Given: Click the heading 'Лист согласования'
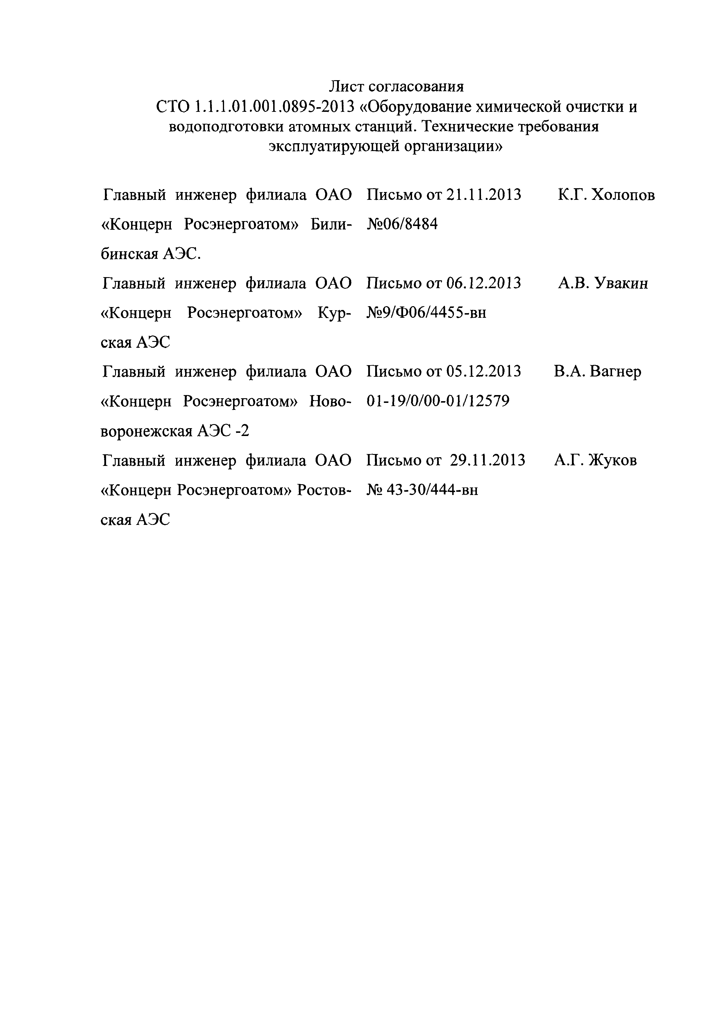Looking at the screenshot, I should [396, 86].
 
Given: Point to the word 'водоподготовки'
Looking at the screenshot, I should [226, 127].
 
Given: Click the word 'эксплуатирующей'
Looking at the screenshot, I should [334, 146].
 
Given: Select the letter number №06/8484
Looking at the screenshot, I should [402, 225].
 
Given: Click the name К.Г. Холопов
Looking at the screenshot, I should [606, 195].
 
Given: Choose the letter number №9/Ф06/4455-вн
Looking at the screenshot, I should [426, 313].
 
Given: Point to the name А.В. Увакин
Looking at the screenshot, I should [603, 283].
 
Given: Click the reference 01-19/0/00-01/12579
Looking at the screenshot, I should [438, 401].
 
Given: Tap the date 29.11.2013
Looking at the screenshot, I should [487, 460].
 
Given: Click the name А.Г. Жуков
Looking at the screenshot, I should [595, 460].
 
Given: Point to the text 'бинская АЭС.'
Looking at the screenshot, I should [151, 254].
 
